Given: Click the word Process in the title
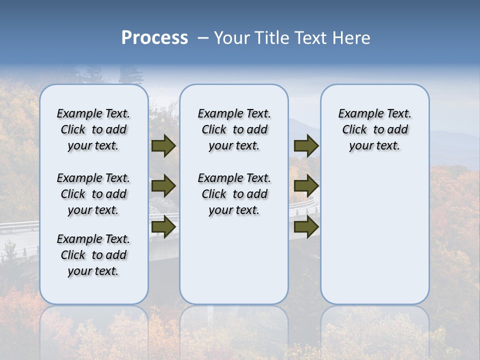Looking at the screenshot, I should click(154, 38).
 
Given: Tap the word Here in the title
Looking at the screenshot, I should click(352, 38).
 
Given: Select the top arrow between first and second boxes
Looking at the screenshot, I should click(163, 146).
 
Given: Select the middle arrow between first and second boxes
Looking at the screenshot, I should click(163, 186).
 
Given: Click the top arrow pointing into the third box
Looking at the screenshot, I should click(306, 146).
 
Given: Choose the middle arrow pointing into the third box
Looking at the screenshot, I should click(306, 186).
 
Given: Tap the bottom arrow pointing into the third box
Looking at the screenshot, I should click(306, 227).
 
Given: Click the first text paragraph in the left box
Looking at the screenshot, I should click(93, 129).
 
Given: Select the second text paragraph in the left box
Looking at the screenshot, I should click(93, 194).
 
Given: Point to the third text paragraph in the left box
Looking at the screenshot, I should click(93, 255).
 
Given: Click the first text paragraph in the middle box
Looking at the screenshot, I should click(234, 129).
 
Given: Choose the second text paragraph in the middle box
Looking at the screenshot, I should click(234, 194).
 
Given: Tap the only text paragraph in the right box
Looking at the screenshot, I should click(374, 129).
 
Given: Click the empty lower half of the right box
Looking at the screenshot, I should click(374, 240).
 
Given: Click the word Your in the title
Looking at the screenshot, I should click(232, 38).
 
